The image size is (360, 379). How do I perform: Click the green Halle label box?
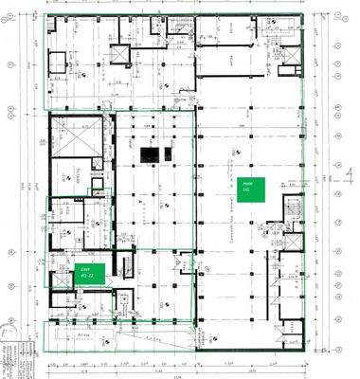[250, 187]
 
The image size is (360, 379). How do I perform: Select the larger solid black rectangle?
[149, 153]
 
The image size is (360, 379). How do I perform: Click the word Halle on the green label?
[247, 183]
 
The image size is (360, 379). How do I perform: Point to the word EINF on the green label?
[84, 269]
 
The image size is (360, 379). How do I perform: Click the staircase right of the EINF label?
[124, 265]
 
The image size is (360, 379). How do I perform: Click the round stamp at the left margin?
[9, 347]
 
